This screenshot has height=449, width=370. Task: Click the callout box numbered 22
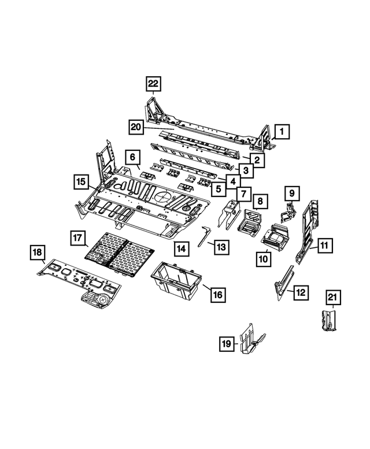153,84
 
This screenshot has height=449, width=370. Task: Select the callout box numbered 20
136,127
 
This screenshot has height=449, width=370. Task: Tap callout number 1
282,132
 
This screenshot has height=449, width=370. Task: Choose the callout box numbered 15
82,183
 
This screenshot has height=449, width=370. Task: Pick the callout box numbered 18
38,253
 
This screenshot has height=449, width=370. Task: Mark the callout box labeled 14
182,249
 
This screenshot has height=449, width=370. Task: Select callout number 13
222,247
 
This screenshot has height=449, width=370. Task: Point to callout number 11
324,246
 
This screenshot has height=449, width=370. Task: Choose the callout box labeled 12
301,292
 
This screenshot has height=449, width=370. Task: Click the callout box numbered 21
333,298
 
